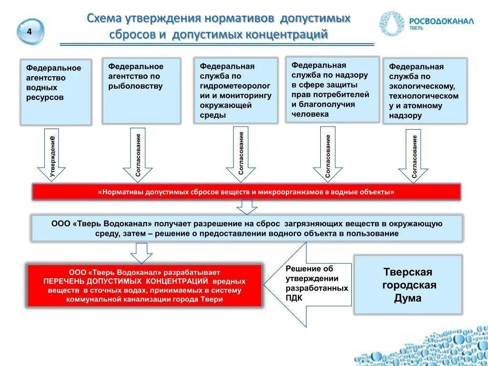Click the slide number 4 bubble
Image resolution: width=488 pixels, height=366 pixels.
pos(30,32)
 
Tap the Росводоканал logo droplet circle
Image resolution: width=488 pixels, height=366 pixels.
pos(392,23)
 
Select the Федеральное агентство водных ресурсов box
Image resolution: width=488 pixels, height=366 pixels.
pos(55,92)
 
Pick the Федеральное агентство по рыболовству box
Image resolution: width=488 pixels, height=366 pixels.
pos(142,91)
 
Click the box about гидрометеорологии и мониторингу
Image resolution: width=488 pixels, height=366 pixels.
pos(235,91)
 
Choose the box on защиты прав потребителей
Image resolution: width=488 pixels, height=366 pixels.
pos(332,90)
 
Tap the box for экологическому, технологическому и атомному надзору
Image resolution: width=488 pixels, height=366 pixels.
pos(425,91)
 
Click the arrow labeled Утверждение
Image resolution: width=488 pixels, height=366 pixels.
pos(51,155)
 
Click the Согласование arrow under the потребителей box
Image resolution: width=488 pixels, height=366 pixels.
pos(327,154)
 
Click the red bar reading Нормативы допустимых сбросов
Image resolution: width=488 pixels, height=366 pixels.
pos(246,192)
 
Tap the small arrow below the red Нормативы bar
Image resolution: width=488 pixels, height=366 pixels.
pos(247,207)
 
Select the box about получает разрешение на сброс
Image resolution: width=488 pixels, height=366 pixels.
pos(247,228)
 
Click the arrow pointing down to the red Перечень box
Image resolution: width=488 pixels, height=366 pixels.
pos(141,253)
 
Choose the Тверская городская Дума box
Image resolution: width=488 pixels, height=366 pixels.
pos(407,285)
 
